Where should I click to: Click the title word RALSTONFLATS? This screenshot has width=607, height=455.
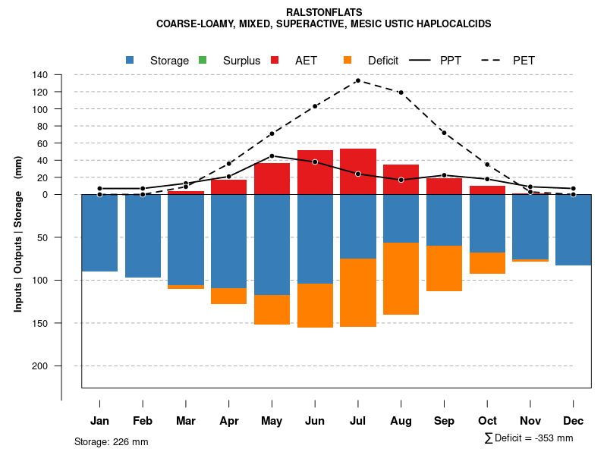[x=324, y=12]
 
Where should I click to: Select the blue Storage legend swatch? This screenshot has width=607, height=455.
[x=131, y=60]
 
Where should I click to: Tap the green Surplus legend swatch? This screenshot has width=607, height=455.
[x=203, y=60]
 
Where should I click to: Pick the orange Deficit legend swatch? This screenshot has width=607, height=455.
[x=348, y=60]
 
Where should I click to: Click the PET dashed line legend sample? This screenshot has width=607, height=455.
[x=495, y=60]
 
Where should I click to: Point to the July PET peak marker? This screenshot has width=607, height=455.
[x=357, y=80]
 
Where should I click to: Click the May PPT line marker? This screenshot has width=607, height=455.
[x=272, y=156]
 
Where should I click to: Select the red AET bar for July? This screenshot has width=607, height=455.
[x=357, y=171]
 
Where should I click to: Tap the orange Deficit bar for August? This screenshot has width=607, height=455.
[x=401, y=278]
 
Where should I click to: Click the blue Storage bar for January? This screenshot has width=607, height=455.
[x=99, y=233]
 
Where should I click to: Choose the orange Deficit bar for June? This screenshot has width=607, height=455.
[x=315, y=306]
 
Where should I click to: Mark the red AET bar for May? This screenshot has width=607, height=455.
[x=272, y=179]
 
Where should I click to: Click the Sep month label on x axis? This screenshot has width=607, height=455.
[x=444, y=421]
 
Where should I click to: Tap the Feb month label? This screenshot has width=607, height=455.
[x=143, y=421]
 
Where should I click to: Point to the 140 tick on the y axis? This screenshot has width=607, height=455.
[x=40, y=75]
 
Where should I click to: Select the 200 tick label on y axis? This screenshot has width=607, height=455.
[x=40, y=366]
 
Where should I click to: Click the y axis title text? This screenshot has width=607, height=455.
[x=18, y=240]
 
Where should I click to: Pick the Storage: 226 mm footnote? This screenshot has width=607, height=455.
[x=111, y=441]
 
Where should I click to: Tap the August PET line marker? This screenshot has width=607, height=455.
[x=401, y=93]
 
